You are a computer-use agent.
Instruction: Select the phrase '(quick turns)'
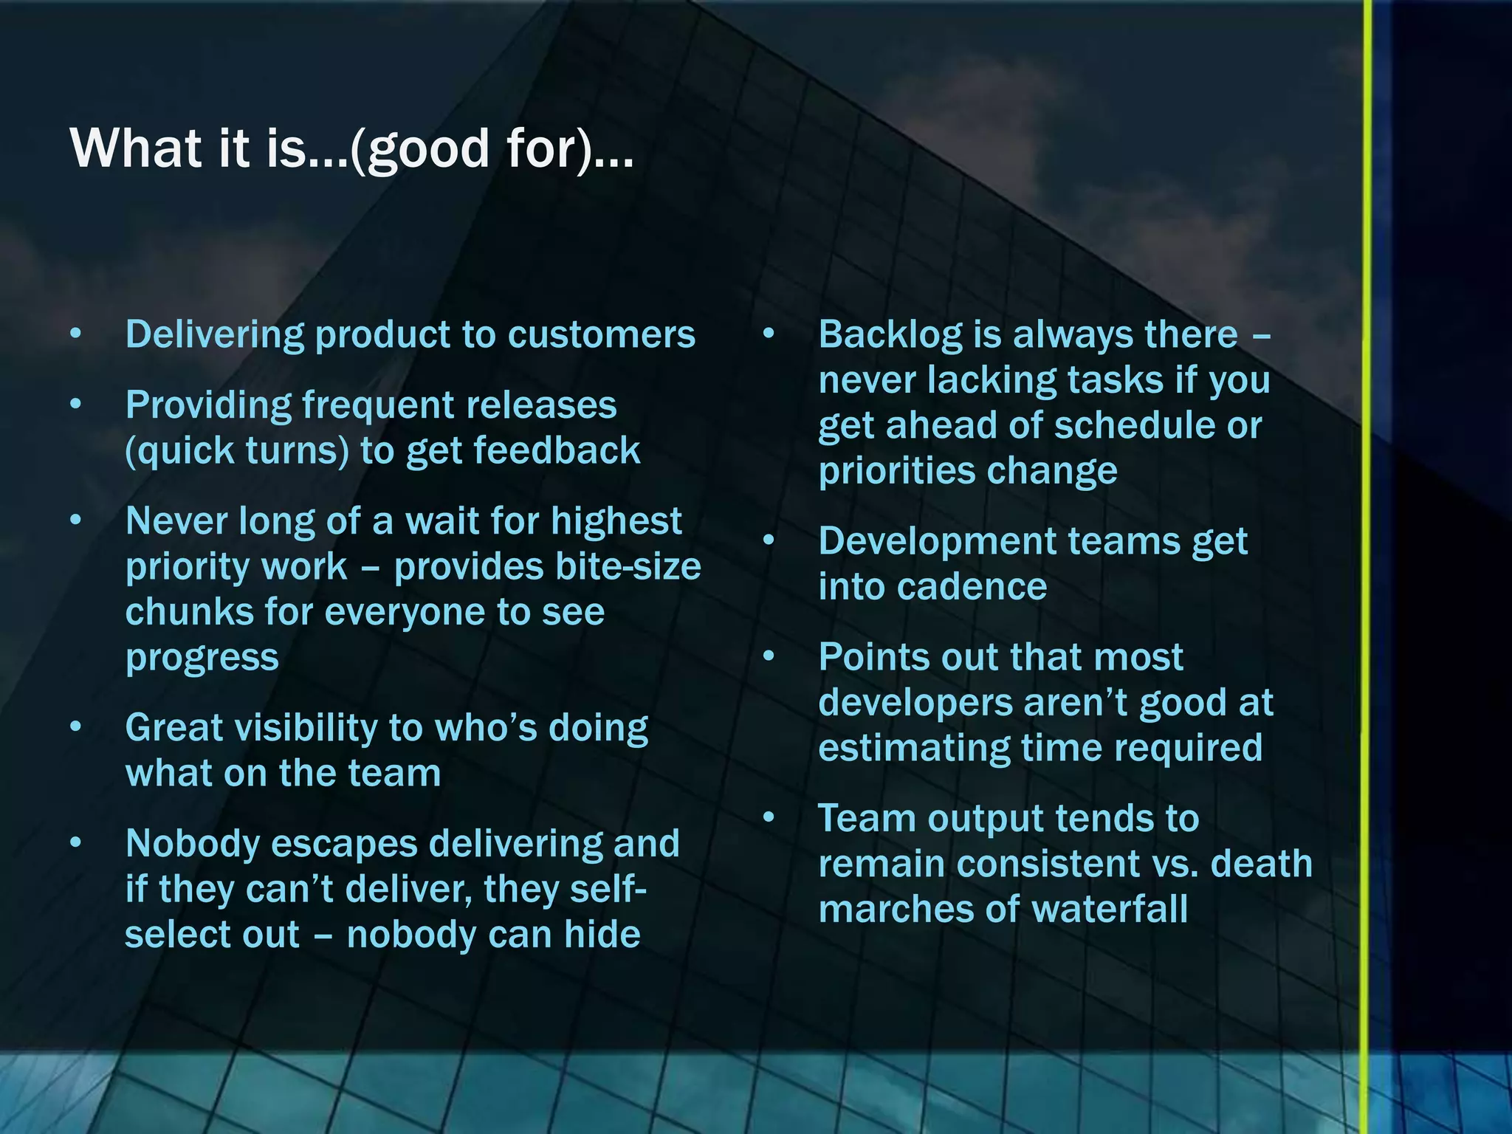237,451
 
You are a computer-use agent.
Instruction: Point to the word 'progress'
202,658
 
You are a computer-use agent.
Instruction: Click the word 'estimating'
913,749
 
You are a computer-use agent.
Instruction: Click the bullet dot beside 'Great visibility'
75,727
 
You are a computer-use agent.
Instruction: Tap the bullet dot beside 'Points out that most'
769,656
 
